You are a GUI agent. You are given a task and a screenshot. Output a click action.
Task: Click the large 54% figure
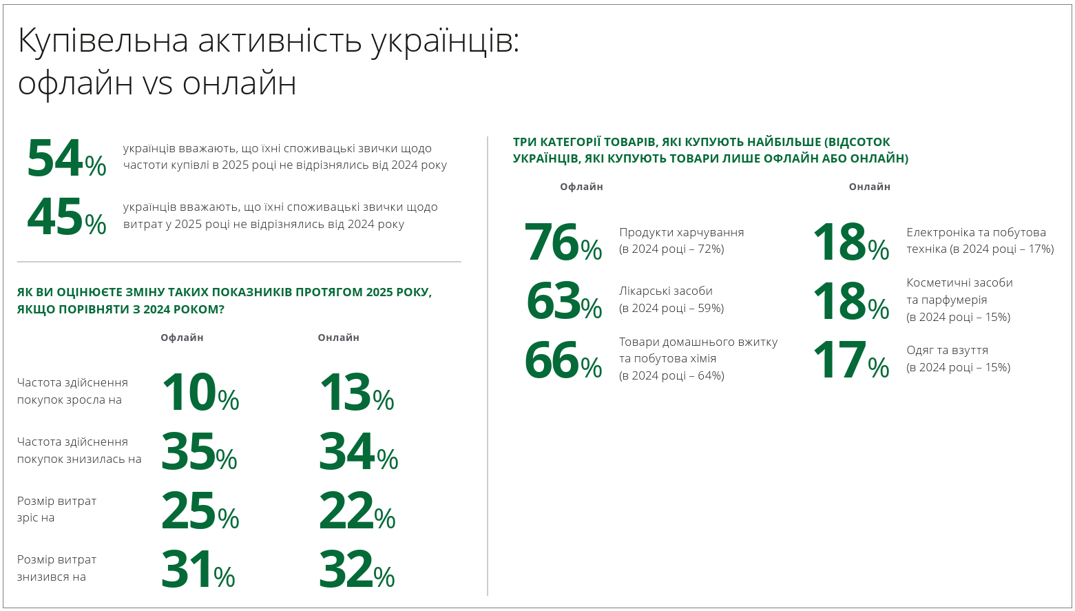(x=66, y=158)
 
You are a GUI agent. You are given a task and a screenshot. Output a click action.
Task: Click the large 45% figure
(x=66, y=218)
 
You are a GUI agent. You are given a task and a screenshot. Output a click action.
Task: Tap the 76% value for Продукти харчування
(x=563, y=243)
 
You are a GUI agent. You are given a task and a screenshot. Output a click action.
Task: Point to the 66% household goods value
(x=563, y=361)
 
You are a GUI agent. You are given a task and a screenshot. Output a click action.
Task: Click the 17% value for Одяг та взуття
(x=850, y=361)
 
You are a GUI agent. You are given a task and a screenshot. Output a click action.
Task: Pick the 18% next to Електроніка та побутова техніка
(x=850, y=243)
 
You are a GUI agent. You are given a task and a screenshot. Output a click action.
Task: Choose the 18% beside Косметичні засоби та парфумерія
(x=850, y=302)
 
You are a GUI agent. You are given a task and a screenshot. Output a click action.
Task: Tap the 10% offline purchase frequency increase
(x=200, y=393)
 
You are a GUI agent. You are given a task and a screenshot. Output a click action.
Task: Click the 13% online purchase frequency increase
(x=356, y=393)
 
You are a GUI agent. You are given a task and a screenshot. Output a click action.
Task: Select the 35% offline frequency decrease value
(x=199, y=452)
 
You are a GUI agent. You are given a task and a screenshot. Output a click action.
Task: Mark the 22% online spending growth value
(x=357, y=511)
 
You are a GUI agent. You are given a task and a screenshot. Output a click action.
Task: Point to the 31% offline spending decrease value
(x=198, y=570)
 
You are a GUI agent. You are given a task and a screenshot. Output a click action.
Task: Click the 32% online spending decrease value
(x=356, y=570)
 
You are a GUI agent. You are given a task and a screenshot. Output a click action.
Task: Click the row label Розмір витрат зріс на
(x=56, y=509)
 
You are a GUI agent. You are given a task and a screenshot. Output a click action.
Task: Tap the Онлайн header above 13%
(x=338, y=338)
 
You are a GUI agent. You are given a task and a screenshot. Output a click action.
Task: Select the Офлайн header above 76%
(x=581, y=187)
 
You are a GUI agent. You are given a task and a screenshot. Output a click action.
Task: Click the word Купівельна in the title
(x=103, y=41)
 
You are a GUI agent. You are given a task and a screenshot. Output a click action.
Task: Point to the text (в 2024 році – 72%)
(x=671, y=249)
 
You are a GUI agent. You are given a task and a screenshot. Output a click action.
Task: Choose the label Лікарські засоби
(x=665, y=291)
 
